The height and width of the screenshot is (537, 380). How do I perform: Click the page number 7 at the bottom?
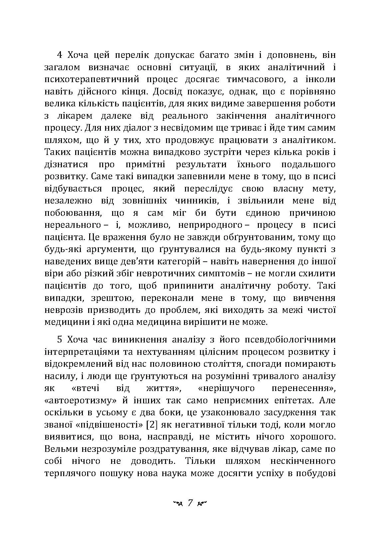(190, 502)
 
